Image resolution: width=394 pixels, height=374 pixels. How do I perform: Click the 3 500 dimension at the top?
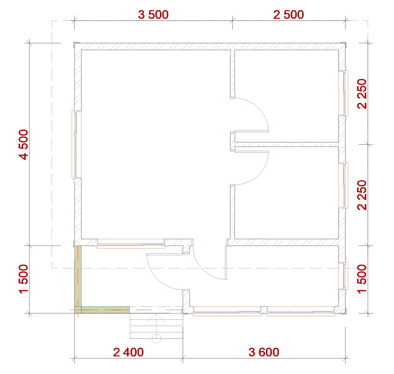coord(153,15)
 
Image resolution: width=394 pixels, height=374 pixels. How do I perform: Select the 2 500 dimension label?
coord(288,15)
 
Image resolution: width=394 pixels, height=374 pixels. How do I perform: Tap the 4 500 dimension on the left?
coord(24,144)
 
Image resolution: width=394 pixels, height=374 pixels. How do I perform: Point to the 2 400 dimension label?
coord(128,352)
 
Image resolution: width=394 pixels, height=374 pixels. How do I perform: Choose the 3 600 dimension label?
coord(264,352)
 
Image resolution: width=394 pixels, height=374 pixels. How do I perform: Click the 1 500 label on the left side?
coord(24,278)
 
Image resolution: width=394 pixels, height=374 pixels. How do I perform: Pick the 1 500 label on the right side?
coord(362,278)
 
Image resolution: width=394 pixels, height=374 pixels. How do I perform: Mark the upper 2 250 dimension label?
coord(362,94)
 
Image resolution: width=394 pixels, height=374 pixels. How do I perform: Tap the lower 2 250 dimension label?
coord(362,195)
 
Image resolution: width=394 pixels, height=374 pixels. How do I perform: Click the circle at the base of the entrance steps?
coord(156,338)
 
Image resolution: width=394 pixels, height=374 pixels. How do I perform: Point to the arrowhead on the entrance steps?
coord(156,318)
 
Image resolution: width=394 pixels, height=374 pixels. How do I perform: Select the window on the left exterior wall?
coord(76,144)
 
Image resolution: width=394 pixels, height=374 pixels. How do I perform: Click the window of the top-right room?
coord(343,93)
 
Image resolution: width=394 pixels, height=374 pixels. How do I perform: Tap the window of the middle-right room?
coord(343,185)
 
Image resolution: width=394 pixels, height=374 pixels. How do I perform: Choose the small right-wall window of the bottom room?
coord(343,276)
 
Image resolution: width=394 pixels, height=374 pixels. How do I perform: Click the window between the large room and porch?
coord(131,243)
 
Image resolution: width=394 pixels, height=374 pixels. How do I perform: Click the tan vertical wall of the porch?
coord(78,276)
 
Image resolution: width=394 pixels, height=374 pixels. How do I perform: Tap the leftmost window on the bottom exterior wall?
coord(227,311)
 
